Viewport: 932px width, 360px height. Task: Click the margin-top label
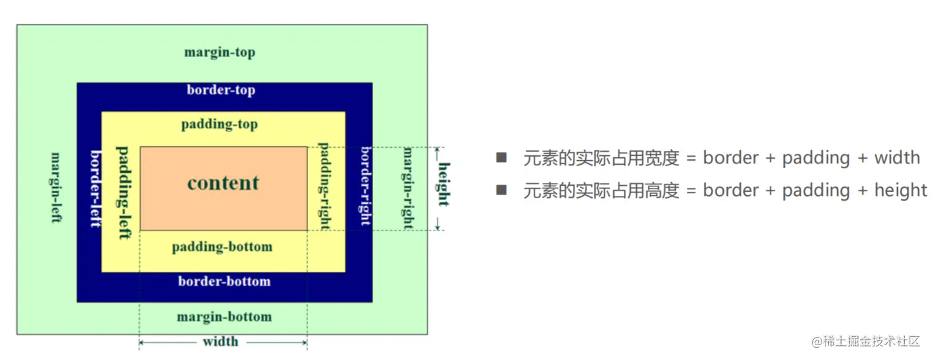pyautogui.click(x=220, y=52)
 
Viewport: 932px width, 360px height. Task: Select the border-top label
pyautogui.click(x=221, y=89)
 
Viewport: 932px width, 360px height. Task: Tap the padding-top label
pyautogui.click(x=219, y=125)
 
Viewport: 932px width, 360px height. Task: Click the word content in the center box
pyautogui.click(x=223, y=182)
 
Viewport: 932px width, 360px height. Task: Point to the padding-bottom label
pyautogui.click(x=222, y=247)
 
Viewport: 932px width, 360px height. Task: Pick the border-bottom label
pyautogui.click(x=224, y=281)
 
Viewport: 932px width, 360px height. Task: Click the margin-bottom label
pyautogui.click(x=224, y=317)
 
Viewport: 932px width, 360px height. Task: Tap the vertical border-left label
pyautogui.click(x=95, y=188)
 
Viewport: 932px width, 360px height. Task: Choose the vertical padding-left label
pyautogui.click(x=123, y=192)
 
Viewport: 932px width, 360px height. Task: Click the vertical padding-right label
pyautogui.click(x=324, y=186)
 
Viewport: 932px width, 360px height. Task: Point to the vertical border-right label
pyautogui.click(x=365, y=185)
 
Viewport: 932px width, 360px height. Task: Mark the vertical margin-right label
pyautogui.click(x=408, y=187)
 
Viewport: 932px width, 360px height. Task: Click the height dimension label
pyautogui.click(x=443, y=184)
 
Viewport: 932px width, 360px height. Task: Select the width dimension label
pyautogui.click(x=220, y=341)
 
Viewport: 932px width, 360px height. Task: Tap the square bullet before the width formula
pyautogui.click(x=501, y=158)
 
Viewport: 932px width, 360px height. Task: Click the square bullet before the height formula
pyautogui.click(x=501, y=191)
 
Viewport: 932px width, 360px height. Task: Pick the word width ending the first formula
pyautogui.click(x=897, y=158)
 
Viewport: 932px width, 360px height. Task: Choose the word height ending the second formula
pyautogui.click(x=901, y=191)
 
